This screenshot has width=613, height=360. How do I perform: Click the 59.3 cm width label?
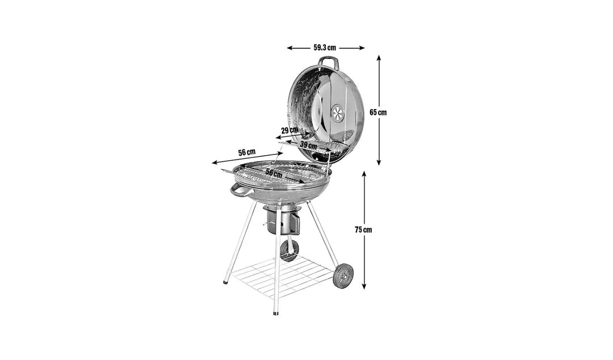click(325, 48)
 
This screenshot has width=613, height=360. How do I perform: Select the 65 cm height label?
click(378, 112)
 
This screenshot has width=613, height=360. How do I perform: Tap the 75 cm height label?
click(363, 230)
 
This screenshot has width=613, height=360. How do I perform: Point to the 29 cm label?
click(289, 130)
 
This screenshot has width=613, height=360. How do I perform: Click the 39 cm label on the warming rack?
click(308, 146)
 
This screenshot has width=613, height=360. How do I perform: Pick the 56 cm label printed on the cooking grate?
click(274, 174)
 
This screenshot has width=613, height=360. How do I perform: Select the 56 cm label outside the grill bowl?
click(246, 152)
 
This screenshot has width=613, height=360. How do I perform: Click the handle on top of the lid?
click(328, 61)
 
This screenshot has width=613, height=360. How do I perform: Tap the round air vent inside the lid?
click(338, 113)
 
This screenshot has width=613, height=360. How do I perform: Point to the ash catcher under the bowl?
click(283, 220)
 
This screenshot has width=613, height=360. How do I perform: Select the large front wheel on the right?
click(343, 276)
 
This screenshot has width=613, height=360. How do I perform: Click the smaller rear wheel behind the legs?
click(289, 250)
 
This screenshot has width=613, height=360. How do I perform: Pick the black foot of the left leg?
click(225, 281)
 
